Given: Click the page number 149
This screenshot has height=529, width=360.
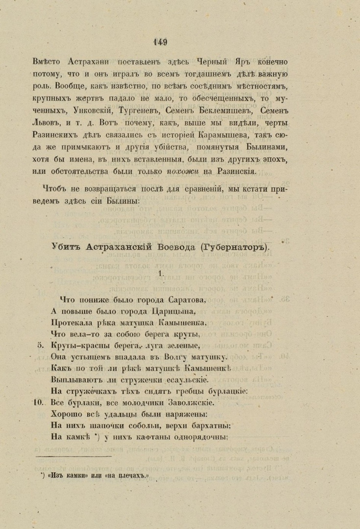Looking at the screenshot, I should click(x=160, y=42).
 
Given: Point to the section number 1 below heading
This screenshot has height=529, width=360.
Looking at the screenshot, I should click(x=160, y=274).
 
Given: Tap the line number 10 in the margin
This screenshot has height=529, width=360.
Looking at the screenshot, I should click(x=40, y=403).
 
